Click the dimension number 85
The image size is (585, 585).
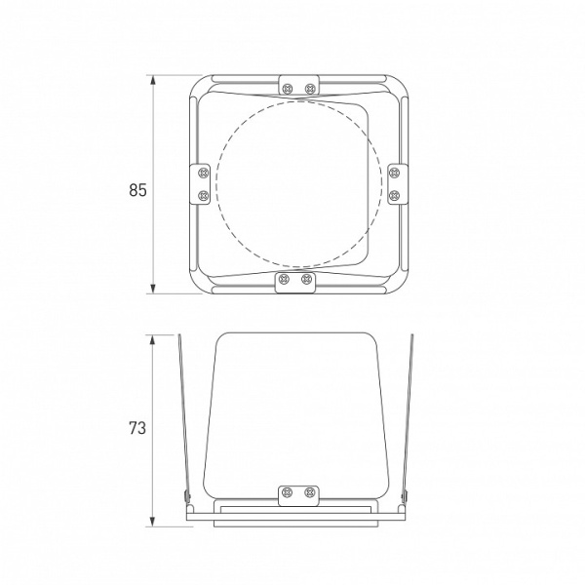[x=137, y=190]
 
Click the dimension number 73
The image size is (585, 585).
[x=137, y=428]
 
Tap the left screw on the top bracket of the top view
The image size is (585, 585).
[x=288, y=89]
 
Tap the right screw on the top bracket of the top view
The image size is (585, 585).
[x=310, y=89]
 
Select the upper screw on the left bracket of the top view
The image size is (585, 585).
[x=204, y=173]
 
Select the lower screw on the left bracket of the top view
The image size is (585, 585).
[x=204, y=195]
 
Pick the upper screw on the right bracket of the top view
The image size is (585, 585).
[x=394, y=173]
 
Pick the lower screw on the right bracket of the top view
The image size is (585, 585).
[x=394, y=195]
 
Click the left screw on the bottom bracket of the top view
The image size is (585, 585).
[x=284, y=278]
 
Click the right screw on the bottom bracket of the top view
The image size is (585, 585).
[x=306, y=278]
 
